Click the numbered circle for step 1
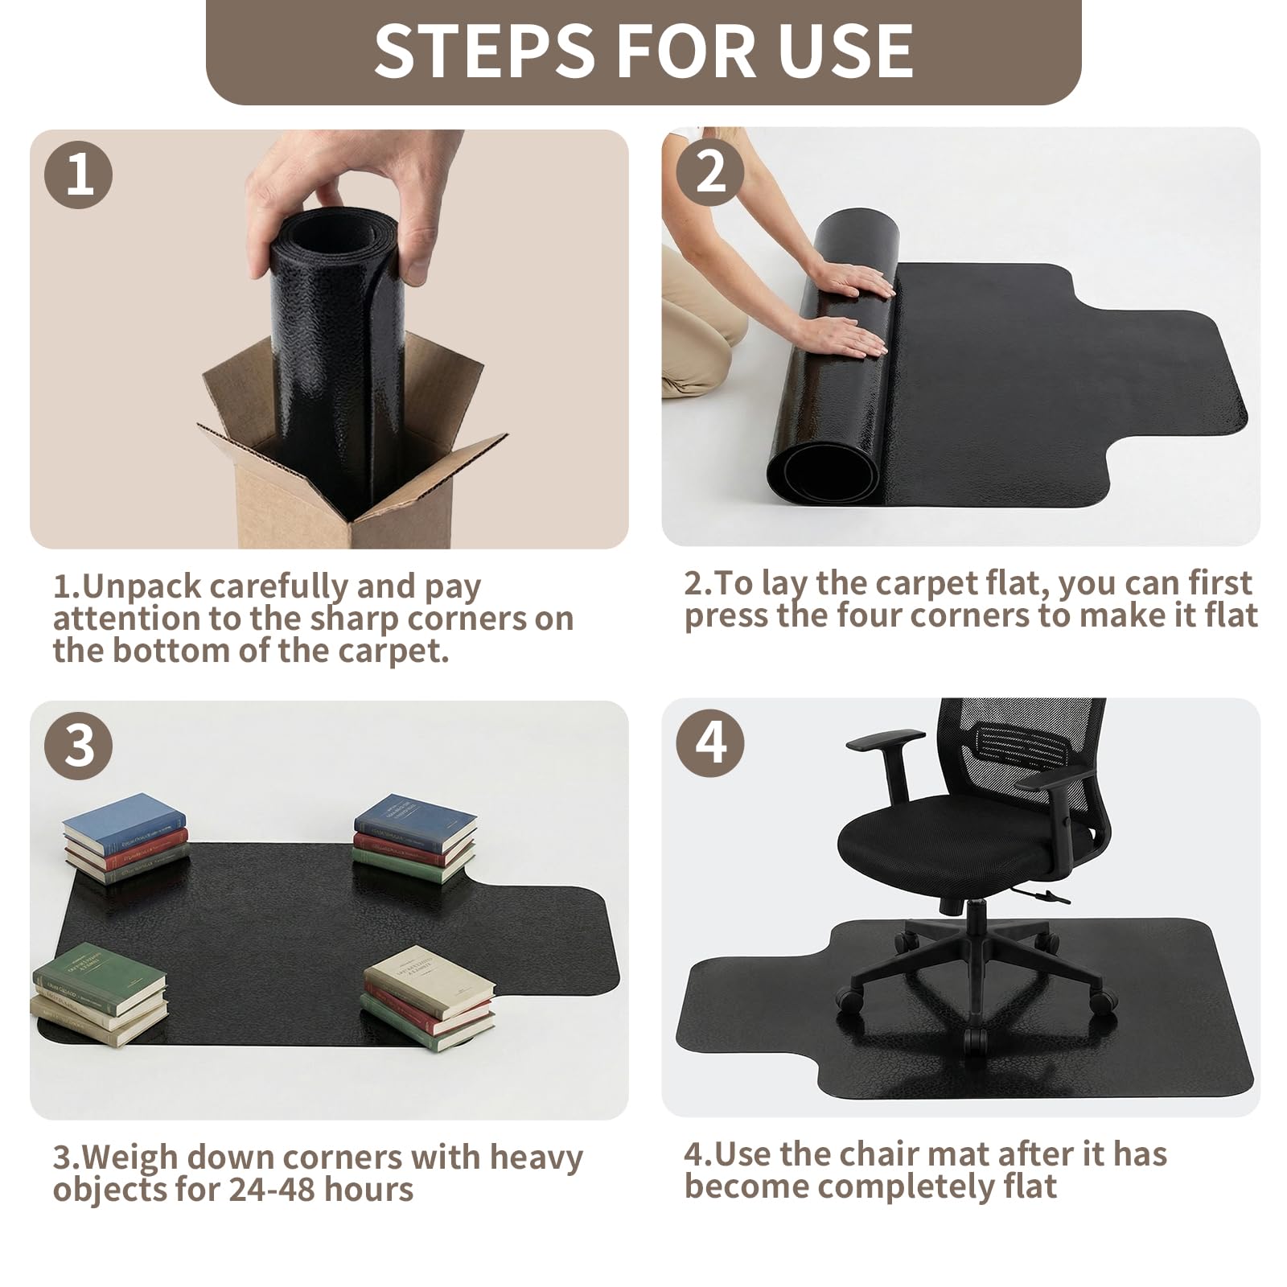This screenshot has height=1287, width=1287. pyautogui.click(x=79, y=175)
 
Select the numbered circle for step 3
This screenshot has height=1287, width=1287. pyautogui.click(x=79, y=745)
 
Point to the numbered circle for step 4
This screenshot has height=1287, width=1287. pyautogui.click(x=710, y=742)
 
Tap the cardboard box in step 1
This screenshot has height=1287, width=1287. pyautogui.click(x=352, y=450)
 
